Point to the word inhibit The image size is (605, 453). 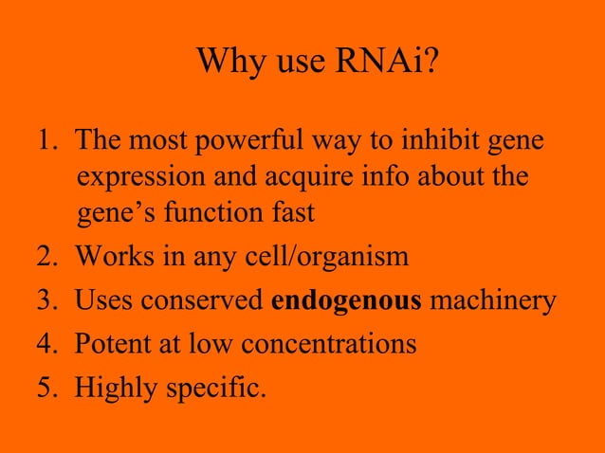coord(448,141)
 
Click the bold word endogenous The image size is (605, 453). coord(346,300)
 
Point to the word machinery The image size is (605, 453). coord(492,300)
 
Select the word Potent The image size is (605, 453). coord(111,344)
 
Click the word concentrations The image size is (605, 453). coord(328,344)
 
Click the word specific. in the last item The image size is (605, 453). coord(215,388)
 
